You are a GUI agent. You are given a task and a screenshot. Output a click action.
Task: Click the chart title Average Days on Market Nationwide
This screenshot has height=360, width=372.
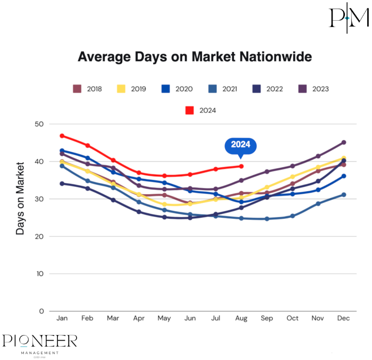click(195, 57)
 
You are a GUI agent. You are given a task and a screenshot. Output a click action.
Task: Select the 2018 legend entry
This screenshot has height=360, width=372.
click(87, 89)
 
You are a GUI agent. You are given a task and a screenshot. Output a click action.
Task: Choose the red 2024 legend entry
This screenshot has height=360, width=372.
click(201, 110)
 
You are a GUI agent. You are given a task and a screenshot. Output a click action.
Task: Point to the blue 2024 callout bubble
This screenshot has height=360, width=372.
click(241, 145)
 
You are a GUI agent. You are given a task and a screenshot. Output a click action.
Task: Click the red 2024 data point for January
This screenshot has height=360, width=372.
click(62, 136)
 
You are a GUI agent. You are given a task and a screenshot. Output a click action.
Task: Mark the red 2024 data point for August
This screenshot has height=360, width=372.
click(241, 166)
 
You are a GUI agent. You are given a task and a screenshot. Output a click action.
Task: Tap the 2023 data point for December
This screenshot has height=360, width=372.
click(344, 142)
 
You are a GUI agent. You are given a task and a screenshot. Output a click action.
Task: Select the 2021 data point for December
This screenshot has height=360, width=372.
click(344, 195)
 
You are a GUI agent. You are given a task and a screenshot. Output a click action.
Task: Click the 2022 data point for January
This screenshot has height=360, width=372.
click(62, 184)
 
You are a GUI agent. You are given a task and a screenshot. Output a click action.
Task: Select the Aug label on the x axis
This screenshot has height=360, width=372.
click(241, 318)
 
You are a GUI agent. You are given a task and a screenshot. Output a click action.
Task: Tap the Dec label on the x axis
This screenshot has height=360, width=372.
click(344, 318)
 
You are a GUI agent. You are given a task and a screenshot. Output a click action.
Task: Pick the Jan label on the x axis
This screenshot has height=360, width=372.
click(62, 318)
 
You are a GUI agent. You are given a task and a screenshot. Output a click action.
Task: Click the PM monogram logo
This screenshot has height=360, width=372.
click(348, 18)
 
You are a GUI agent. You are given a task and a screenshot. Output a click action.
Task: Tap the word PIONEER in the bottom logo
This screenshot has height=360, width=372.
click(40, 341)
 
